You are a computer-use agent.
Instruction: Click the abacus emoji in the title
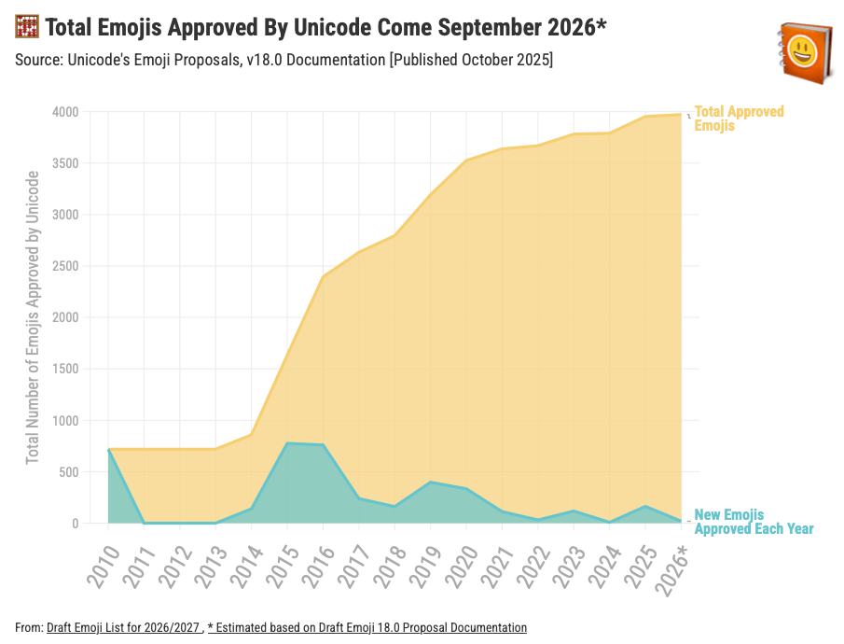27,28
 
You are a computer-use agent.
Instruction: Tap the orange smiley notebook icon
799,52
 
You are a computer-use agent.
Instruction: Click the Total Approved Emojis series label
739,119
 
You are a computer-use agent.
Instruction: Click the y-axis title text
33,317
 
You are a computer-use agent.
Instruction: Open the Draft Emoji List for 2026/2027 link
123,628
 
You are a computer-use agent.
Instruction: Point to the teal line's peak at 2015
287,443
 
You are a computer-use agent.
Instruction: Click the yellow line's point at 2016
323,276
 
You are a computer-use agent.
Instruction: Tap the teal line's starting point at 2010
109,450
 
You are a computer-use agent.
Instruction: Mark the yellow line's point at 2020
466,161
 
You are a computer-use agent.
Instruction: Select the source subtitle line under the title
284,60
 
